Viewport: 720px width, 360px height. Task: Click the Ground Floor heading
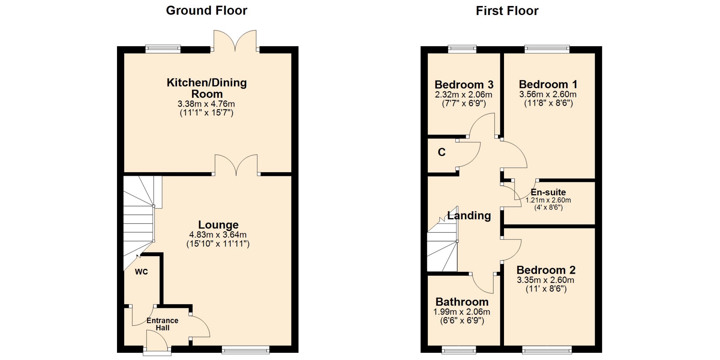[x=207, y=10]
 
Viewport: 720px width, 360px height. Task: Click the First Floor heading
[x=507, y=10]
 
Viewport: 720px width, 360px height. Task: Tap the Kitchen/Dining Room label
[x=207, y=88]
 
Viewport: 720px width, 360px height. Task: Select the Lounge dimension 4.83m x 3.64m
[x=218, y=235]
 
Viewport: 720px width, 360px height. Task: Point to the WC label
[x=141, y=272]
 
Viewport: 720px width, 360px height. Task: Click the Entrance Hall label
[x=162, y=324]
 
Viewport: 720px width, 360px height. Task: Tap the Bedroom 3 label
[x=464, y=85]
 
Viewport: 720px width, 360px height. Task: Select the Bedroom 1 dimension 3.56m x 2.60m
[x=548, y=94]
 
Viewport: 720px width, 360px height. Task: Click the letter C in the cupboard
[x=442, y=152]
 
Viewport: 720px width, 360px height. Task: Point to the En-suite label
[x=548, y=192]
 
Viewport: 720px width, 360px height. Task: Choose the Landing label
[x=469, y=216]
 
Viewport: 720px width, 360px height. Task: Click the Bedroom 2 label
[x=546, y=270]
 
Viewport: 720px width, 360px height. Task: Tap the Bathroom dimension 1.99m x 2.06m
[x=462, y=312]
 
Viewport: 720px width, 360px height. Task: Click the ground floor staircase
[x=139, y=221]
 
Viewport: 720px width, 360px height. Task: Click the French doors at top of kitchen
[x=235, y=41]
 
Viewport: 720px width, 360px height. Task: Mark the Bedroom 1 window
[x=547, y=49]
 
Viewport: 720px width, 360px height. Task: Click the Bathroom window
[x=459, y=350]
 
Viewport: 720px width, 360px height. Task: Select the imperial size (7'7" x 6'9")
[x=464, y=103]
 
